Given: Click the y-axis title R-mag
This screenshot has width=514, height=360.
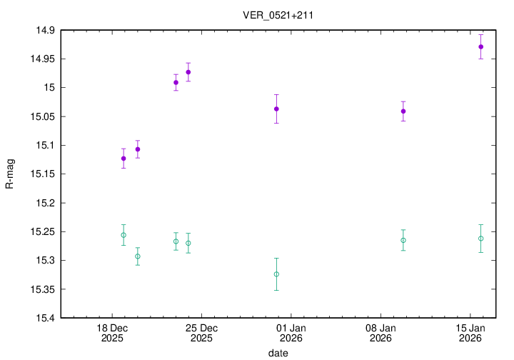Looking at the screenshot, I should tap(10, 174).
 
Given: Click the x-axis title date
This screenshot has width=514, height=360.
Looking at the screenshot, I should tap(278, 353).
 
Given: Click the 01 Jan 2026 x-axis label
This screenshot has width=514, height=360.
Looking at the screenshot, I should tap(291, 333).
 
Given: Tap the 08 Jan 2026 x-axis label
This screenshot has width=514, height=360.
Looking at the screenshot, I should tap(380, 333).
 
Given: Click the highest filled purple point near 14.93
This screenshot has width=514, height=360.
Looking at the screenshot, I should tap(481, 46).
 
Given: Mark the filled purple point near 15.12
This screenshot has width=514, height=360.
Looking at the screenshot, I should tap(124, 159).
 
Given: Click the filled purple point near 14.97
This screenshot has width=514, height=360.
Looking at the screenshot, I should tap(188, 72).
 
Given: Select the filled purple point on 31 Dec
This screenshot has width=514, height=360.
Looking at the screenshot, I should tap(276, 109).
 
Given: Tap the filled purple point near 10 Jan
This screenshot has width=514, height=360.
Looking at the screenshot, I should tap(403, 111).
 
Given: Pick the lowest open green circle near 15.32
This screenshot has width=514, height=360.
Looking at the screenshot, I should tap(276, 274).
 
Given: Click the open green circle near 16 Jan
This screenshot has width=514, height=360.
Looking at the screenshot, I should tap(481, 239).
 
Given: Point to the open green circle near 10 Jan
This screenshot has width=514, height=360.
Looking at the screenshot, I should tap(403, 240).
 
